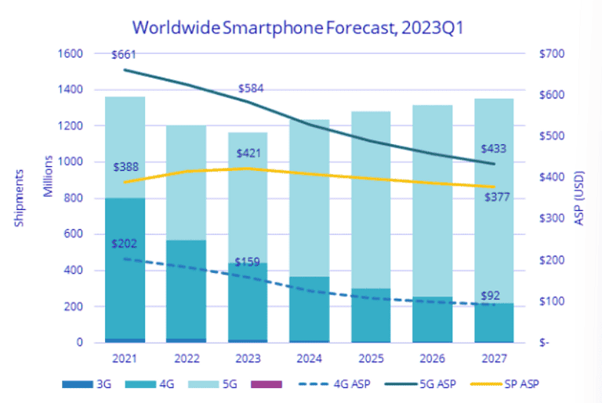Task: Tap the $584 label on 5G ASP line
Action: [250, 88]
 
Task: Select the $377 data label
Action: [495, 197]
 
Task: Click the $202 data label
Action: [126, 243]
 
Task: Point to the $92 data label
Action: [491, 296]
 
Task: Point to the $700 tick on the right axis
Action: [552, 53]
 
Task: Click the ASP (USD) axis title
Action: [581, 197]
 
